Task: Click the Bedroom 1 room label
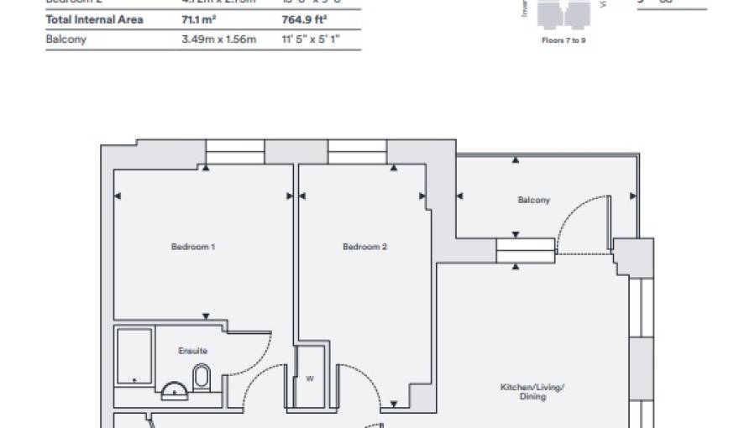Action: pos(193,247)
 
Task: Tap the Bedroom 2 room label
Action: pos(364,247)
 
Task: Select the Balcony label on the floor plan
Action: pos(534,201)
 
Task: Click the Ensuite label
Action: pos(192,351)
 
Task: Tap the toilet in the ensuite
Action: pos(202,378)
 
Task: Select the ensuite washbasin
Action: pos(174,389)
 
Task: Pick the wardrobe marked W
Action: pos(310,377)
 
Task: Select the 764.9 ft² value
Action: pos(301,19)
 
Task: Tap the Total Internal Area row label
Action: pos(94,19)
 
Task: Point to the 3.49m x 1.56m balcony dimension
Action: pos(218,39)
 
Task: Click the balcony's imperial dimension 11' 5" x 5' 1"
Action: pos(310,39)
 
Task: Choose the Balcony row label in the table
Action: pos(66,39)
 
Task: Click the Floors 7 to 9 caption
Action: pos(563,39)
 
